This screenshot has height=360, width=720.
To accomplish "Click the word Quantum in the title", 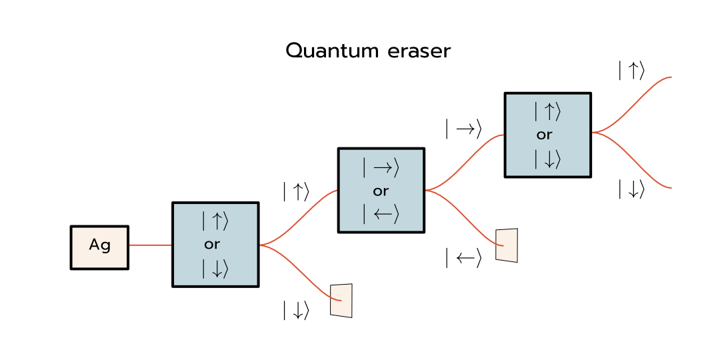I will [325, 51].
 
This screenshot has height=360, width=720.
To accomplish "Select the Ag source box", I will [99, 247].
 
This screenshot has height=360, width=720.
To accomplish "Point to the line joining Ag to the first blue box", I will [150, 245].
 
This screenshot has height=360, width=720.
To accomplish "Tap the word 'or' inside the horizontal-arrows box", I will [381, 191].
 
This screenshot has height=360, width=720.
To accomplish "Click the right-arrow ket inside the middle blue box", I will [381, 169].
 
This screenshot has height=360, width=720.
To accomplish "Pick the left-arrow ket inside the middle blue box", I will [381, 214].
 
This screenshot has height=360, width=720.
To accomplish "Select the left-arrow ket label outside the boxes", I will [463, 258].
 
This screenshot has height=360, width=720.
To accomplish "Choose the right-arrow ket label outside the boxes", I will [463, 129].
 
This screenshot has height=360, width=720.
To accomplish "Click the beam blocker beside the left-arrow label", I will [507, 245].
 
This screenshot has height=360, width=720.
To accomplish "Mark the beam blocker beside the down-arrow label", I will [341, 301].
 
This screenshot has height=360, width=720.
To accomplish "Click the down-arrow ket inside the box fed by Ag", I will [215, 268].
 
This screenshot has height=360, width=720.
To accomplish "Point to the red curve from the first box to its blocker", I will [300, 270].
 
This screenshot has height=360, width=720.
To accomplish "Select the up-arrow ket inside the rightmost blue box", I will [547, 112].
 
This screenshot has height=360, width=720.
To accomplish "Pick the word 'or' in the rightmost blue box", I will [545, 135].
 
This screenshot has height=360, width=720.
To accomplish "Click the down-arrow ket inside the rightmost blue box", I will [547, 159].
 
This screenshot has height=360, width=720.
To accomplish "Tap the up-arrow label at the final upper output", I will [631, 71].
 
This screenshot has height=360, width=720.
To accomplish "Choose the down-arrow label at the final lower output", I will [631, 189].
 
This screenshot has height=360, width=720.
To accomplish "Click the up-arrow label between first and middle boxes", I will [296, 192].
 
